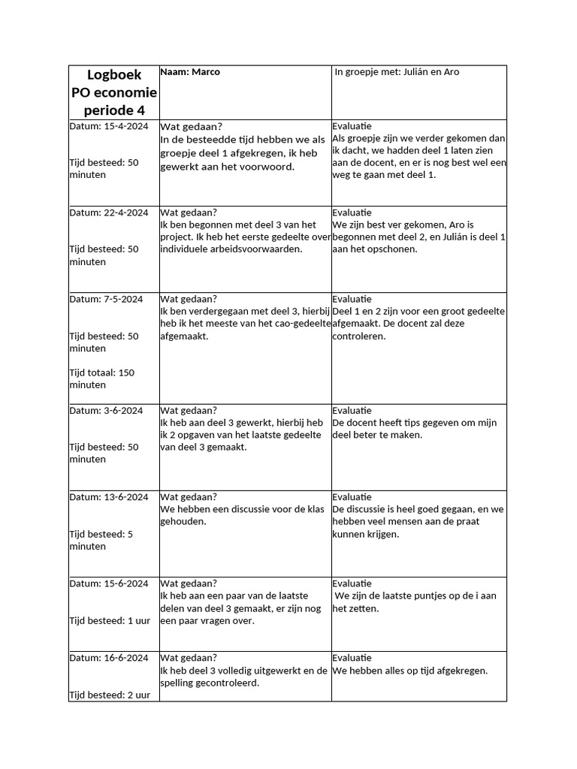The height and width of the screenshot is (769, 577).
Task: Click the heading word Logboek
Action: coord(114,75)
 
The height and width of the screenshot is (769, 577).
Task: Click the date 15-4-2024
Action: coord(124,127)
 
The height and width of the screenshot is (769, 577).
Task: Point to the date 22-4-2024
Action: coord(124,213)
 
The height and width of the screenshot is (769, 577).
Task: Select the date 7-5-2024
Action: coord(121,300)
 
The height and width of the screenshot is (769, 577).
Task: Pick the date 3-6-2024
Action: coord(121,411)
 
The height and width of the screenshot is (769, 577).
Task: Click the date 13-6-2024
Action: coord(124,497)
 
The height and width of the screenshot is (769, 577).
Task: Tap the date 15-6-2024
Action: coord(124,584)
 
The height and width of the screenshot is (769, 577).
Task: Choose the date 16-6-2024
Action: coord(124,659)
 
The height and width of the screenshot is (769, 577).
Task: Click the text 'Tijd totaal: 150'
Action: coord(102,373)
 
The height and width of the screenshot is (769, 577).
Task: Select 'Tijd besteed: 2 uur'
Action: coord(110,695)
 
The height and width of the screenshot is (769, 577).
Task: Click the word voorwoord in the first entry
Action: coord(268,167)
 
